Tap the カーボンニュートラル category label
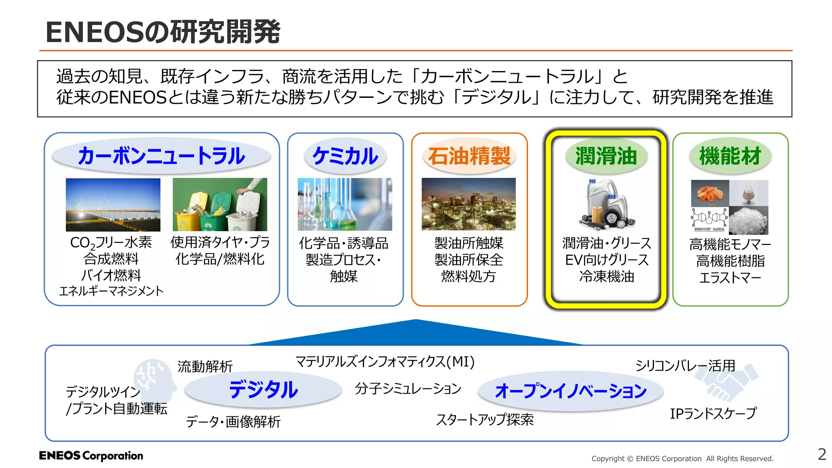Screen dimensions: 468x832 coord(161,156)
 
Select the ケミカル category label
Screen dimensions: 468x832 coord(345,156)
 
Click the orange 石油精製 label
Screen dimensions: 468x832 coord(469,156)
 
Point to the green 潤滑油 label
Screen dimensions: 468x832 coord(606,156)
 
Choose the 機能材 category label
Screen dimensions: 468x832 coord(730,156)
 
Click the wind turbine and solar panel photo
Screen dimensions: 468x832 coord(113,204)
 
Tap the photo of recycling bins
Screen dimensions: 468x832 coord(220,204)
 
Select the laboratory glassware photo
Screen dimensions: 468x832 coord(344,204)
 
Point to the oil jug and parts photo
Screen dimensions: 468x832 coord(606,204)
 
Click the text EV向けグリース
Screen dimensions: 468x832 coord(607,260)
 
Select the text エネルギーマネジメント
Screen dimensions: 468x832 coord(111,291)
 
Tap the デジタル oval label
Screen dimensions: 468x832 coord(263,390)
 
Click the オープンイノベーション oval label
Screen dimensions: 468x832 coord(570,391)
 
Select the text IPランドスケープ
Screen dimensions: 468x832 coord(713,414)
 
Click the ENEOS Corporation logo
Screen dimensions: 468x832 coord(91,456)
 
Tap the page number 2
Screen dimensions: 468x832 coord(822,454)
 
